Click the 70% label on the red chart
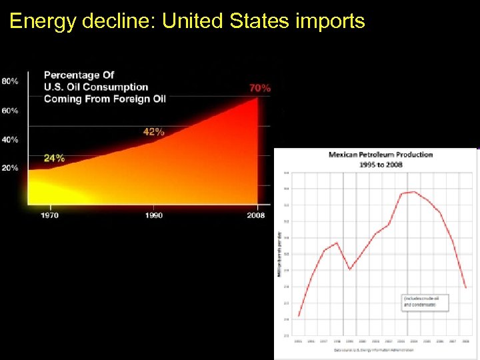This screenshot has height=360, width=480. coord(259,88)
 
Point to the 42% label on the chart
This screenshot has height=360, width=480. coord(153,132)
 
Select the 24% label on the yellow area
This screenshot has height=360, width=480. coord(54,159)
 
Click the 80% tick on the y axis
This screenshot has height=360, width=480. coord(10,81)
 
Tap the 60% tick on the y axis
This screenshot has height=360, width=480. coord(10,111)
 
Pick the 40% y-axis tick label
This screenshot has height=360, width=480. coord(10,139)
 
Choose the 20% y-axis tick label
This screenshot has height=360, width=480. coord(10,168)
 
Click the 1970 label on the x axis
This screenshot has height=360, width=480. coord(49,215)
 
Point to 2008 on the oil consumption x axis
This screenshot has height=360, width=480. coord(255,215)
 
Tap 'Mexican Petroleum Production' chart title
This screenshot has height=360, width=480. coord(381,155)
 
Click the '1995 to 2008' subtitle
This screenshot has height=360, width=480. coord(381,164)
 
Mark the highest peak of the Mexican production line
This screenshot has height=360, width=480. coord(414,192)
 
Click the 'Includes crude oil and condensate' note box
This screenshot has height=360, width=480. coord(425,301)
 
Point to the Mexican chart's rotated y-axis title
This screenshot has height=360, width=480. coord(280,253)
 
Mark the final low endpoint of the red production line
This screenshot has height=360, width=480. coord(465,287)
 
